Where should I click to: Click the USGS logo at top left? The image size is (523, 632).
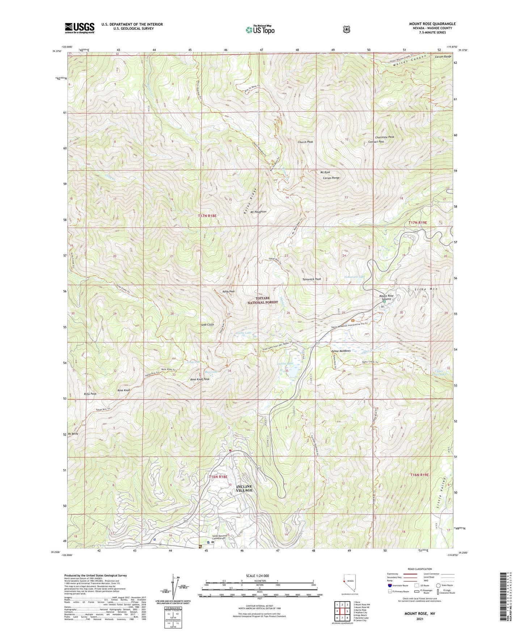point(80,28)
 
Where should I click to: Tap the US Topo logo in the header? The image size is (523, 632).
point(260,30)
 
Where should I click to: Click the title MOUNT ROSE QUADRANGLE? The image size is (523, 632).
point(432,24)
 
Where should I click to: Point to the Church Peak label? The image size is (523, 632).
point(305,142)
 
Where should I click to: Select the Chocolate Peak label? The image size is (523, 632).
point(384,137)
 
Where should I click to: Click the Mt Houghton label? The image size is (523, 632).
point(258,212)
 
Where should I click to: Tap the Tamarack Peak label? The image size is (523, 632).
point(312,279)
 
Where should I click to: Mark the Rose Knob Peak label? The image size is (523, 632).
point(200,379)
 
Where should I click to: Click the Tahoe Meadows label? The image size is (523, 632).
point(341,351)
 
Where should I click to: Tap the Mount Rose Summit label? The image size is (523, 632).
point(386,298)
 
